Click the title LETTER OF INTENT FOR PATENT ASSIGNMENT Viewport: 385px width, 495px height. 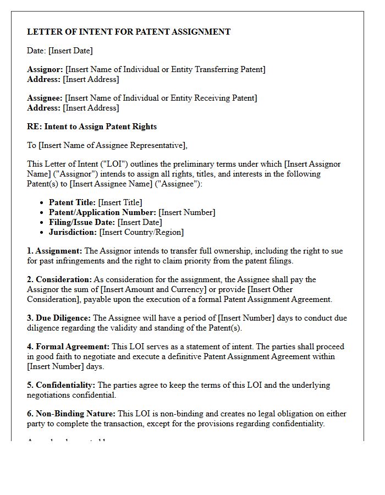click(x=129, y=32)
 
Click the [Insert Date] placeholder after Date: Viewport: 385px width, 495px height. click(x=70, y=51)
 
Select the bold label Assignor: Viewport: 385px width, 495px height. click(x=45, y=69)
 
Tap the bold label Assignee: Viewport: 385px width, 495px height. click(x=45, y=98)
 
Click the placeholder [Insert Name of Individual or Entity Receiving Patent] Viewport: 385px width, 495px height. click(x=161, y=98)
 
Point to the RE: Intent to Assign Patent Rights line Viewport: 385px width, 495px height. click(x=92, y=127)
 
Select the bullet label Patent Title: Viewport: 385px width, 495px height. click(x=72, y=202)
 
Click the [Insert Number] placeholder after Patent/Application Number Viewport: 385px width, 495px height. click(x=187, y=212)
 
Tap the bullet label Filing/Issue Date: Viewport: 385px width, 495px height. click(x=82, y=222)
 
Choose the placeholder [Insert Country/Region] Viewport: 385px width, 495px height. click(x=141, y=232)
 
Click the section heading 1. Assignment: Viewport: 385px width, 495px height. click(x=54, y=251)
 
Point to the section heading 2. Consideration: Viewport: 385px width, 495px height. click(x=59, y=279)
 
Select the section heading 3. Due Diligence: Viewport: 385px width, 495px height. click(x=59, y=318)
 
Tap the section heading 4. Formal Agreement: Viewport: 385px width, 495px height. click(x=68, y=346)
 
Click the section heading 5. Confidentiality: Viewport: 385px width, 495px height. click(x=61, y=385)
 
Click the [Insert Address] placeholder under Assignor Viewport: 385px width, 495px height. click(x=91, y=79)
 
